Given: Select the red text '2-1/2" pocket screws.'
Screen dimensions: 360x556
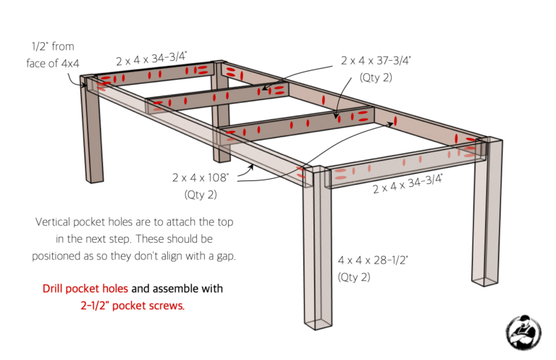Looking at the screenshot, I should tap(132, 306).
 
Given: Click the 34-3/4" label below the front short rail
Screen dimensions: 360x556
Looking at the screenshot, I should tap(408, 185).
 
